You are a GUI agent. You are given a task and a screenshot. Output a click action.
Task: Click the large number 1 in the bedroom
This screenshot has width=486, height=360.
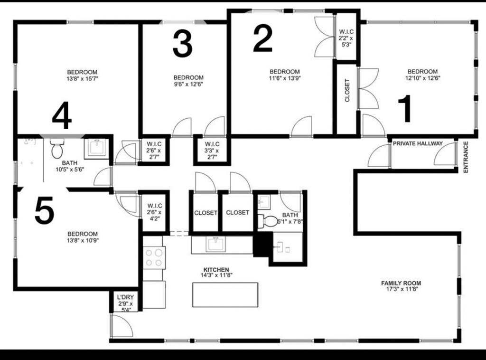coord(405,109)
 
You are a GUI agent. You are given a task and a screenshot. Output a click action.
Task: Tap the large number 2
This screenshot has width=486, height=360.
coord(262,38)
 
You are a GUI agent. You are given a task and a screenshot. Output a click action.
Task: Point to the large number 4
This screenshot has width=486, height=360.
coord(62,116)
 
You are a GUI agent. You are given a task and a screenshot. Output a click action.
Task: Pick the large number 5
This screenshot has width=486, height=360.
coord(44,210)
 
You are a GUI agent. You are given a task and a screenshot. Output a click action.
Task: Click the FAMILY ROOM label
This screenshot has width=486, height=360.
coord(401,283)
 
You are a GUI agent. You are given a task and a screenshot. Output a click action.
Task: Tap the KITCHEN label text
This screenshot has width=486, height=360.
coord(216,270)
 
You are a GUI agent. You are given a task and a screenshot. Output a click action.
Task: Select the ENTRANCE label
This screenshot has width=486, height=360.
coord(466,157)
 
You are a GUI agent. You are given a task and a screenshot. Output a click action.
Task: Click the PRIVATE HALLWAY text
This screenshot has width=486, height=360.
coord(418,143)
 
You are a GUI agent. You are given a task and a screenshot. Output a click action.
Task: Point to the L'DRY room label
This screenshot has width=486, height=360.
coord(125,297)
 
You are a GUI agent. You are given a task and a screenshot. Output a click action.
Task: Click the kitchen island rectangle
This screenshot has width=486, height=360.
coord(225,294)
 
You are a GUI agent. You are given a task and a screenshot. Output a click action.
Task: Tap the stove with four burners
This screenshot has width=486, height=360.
coord(154,258)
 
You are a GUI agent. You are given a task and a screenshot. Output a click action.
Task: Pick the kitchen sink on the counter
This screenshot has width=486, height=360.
coord(216,244)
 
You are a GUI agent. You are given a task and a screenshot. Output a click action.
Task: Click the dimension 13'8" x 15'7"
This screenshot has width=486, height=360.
coord(82,79)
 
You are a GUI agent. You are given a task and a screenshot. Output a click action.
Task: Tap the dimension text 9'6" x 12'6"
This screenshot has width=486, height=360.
coord(188,84)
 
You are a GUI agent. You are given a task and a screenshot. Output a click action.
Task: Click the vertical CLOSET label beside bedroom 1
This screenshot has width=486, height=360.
coord(347,91)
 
